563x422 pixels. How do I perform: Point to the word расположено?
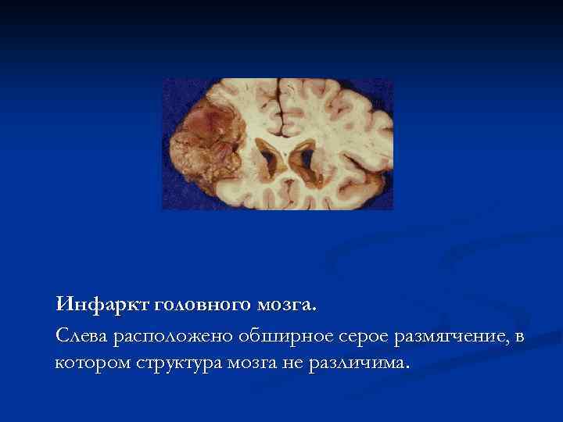(164, 337)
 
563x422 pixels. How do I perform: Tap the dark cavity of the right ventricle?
(301, 159)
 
